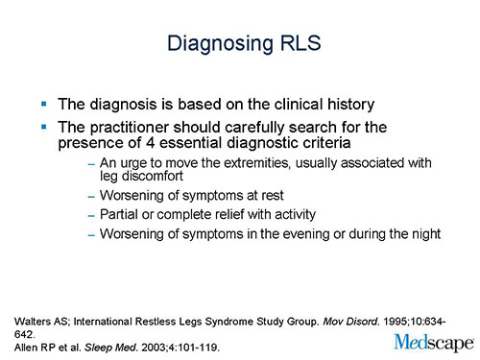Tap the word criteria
click(368, 145)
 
